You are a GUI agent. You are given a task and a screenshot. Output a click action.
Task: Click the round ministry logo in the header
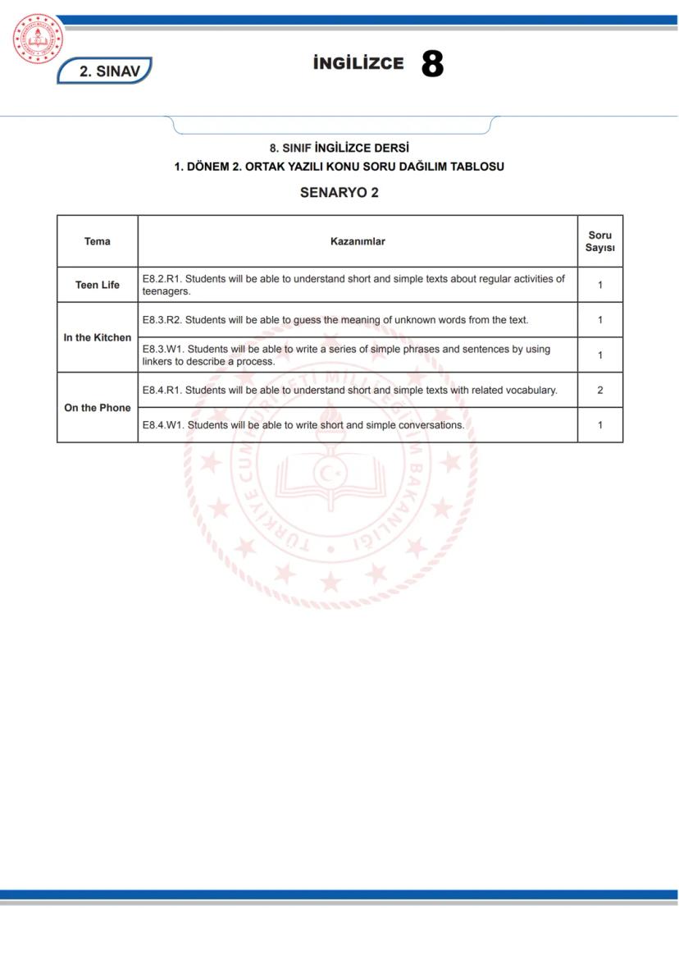(38, 39)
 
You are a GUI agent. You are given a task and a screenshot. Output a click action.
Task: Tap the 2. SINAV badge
(105, 71)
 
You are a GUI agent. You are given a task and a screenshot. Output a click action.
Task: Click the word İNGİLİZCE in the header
(358, 64)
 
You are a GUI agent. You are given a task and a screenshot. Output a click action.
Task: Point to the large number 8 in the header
(432, 64)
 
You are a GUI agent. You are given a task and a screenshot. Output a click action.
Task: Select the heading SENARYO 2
(339, 193)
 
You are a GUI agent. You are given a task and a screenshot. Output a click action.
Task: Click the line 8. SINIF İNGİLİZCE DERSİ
(339, 149)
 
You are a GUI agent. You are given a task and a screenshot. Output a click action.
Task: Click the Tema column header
(97, 241)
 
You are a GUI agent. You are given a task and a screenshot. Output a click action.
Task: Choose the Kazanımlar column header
(358, 241)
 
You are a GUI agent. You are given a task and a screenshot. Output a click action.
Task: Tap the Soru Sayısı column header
(599, 241)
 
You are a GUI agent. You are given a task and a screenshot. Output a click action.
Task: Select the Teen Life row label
(97, 285)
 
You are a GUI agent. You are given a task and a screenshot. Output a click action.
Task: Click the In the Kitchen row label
(97, 337)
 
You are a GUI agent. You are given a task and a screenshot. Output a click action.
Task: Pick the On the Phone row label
(97, 408)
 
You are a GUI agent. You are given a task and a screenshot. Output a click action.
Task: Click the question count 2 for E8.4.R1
(599, 390)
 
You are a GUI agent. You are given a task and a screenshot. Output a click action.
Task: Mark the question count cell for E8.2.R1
(599, 285)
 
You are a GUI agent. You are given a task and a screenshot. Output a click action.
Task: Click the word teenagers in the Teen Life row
(166, 291)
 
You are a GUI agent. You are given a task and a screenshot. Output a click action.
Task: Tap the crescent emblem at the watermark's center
(330, 474)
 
